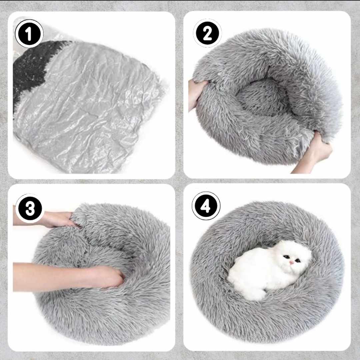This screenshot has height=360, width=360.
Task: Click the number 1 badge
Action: pos(29,34)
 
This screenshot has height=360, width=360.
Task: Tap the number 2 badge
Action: pos(207,33)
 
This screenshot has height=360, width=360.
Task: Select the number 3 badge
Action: pos(30,208)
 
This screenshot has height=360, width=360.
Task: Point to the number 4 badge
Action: pos(206,206)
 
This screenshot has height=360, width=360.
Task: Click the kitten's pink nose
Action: pos(291,262)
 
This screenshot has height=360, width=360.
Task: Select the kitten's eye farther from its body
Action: pos(298,261)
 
